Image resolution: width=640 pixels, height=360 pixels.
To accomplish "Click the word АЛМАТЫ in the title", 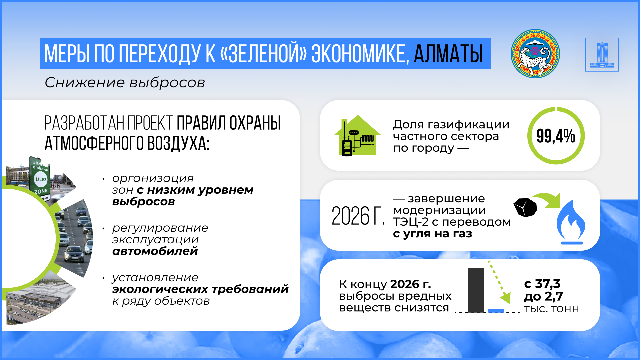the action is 448,54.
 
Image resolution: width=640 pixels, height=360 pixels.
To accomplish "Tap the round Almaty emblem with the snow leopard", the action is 535,54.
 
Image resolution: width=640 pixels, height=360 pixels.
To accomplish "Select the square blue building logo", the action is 602,54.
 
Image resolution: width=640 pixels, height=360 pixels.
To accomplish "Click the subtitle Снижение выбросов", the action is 125,83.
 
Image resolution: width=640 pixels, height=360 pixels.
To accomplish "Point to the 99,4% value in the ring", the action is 556,136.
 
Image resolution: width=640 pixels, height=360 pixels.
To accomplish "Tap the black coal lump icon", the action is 525,207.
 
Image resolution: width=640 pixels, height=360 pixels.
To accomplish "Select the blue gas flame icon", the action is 571,222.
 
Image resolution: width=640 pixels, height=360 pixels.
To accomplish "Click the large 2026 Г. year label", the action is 358,216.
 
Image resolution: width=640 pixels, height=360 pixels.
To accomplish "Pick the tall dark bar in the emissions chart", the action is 476,290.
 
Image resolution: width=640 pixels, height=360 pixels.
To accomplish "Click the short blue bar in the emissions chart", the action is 496,311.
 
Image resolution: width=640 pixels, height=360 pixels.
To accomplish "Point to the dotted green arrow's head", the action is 505,298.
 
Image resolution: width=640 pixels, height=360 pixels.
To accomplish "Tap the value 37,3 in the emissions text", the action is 548,284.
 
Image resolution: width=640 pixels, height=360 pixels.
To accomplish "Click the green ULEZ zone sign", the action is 40,178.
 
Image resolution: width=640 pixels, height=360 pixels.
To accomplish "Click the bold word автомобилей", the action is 155,251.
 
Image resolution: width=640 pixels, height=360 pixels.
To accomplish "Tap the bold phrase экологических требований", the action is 200,289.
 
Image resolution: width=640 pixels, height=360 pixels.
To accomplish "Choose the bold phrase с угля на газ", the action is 433,234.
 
